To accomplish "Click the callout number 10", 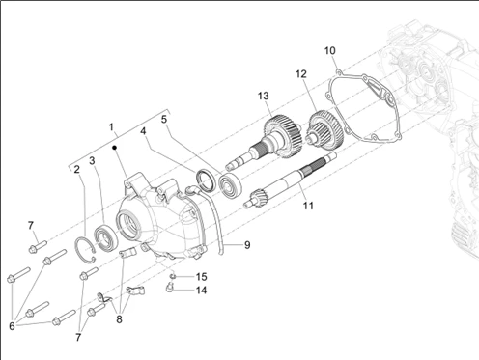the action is point(329,51).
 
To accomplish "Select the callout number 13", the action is point(263,96).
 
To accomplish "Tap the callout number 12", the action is point(301,74).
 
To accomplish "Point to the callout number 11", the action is point(308,206).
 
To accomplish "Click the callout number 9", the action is point(247,245).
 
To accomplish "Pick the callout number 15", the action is point(201,277).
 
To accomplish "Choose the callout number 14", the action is point(201,291).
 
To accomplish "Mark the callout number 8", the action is point(119,319).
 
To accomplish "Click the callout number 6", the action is point(12,326).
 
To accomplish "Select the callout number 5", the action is point(164,120).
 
